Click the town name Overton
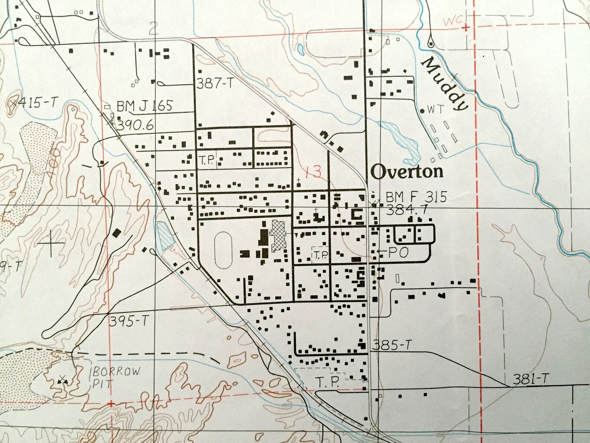click(x=407, y=171)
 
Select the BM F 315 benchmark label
click(x=416, y=197)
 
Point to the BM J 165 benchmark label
click(x=145, y=106)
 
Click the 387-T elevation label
click(x=215, y=84)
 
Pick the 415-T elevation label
click(x=35, y=102)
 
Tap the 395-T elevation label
click(x=127, y=321)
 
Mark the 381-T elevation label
click(x=531, y=379)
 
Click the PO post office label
click(x=398, y=253)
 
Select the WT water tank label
click(x=435, y=110)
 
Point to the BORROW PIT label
click(x=115, y=377)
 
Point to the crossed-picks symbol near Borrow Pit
click(x=62, y=380)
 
